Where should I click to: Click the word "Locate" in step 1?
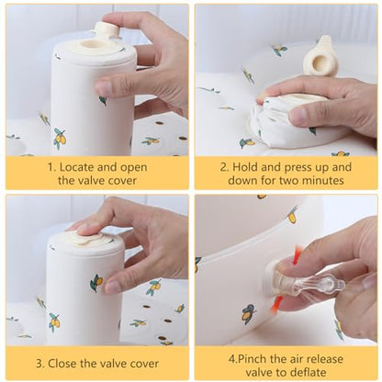click(76, 167)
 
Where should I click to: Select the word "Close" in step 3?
click(62, 364)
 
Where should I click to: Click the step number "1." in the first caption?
click(52, 167)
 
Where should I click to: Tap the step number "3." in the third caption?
click(40, 364)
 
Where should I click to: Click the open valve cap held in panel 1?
click(106, 29)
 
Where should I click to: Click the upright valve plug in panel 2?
click(319, 56)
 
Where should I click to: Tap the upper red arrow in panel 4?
click(298, 255)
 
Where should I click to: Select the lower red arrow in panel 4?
click(276, 303)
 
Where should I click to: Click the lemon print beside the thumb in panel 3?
click(96, 283)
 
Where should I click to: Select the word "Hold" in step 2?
click(244, 167)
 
